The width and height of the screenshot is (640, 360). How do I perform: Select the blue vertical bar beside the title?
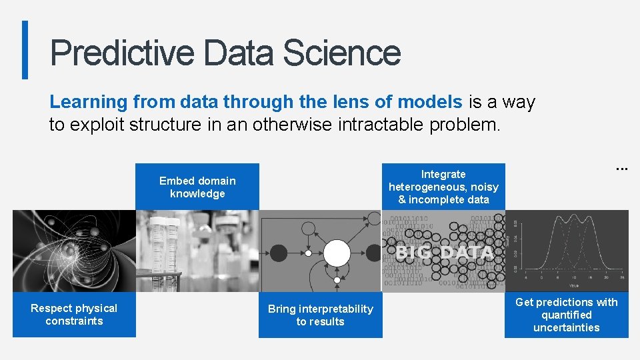click(25, 50)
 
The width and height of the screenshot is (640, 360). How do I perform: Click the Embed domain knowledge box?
click(197, 187)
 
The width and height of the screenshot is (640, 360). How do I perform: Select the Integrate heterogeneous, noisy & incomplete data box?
click(443, 187)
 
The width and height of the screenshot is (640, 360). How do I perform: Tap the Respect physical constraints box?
click(74, 315)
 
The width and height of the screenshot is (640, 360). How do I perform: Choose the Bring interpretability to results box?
click(320, 315)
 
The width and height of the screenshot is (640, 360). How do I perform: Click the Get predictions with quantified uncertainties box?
click(567, 315)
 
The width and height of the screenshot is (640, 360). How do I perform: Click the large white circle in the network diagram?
click(337, 253)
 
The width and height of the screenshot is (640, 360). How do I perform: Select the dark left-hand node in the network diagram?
click(279, 253)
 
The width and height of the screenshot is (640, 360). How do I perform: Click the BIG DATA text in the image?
click(443, 253)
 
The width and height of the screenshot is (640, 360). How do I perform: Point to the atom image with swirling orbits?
click(73, 251)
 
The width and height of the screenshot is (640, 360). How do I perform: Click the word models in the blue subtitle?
click(429, 102)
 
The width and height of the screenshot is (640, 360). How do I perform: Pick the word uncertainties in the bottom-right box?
click(567, 327)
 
